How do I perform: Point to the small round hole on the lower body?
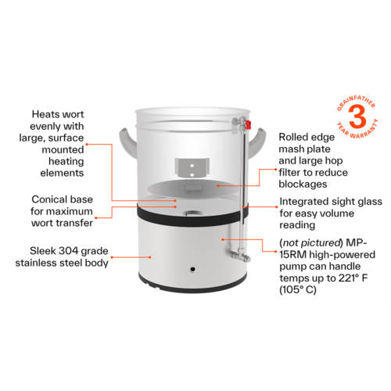tap(192, 271)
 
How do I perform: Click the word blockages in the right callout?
tap(305, 185)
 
